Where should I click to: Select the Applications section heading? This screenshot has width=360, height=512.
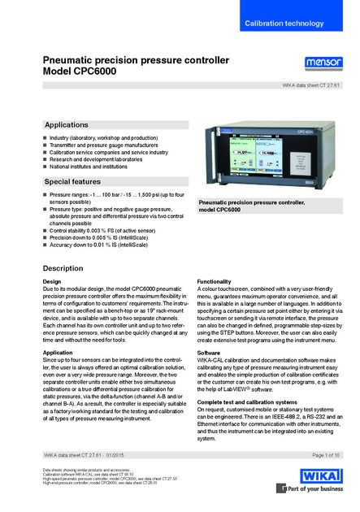click(67, 125)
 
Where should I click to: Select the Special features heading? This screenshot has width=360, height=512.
click(72, 181)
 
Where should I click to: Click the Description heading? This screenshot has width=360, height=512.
click(63, 267)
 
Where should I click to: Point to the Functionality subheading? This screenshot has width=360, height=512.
click(219, 281)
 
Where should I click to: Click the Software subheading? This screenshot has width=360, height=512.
click(209, 354)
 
